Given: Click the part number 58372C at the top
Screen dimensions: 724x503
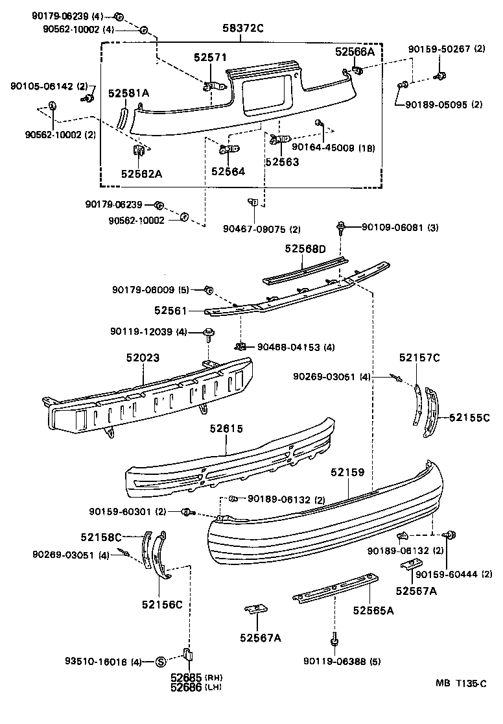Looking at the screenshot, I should pos(241,29).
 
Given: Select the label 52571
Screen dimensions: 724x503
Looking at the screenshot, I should pos(210,58).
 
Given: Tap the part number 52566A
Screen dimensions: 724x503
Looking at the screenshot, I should pos(355,51).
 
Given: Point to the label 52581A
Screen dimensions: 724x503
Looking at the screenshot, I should pos(128,93).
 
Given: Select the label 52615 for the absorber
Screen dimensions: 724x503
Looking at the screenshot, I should pos(226,428).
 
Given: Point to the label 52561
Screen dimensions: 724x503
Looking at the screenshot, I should pos(170,311).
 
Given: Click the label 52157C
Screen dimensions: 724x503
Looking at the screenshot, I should pos(419,357).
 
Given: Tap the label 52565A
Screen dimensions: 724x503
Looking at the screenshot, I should pos(373,610).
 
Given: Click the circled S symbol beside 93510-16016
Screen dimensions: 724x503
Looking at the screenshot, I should pos(161,662).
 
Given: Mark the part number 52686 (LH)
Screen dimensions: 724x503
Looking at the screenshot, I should pos(187,687).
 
